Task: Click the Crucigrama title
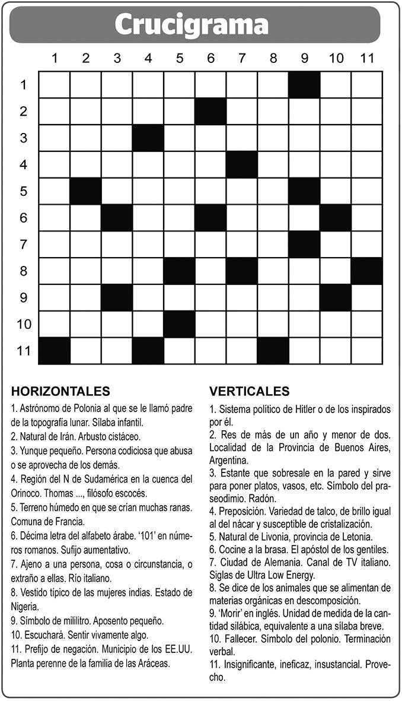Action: coord(192,25)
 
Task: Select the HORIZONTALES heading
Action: coord(60,391)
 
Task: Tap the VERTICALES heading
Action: coord(250,391)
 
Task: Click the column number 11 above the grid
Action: coord(366,58)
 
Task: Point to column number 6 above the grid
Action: coord(210,58)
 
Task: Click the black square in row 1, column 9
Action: coord(304,85)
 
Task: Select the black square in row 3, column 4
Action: coord(148,138)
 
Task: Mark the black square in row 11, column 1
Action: coord(55,351)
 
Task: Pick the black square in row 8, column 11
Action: coord(366,271)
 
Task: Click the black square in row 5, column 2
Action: coord(86,191)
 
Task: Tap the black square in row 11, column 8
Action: coord(273,351)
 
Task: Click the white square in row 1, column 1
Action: coord(55,85)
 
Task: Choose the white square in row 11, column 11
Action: coord(366,351)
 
